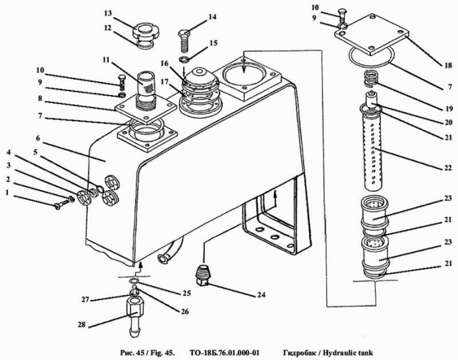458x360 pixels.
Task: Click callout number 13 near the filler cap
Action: [108, 14]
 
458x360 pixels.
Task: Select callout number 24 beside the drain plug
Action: [261, 295]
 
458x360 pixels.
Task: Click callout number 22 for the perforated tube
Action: [448, 167]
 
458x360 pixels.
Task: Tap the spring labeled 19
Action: [372, 79]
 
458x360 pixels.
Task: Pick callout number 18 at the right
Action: [448, 65]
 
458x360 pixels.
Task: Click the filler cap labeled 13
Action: [146, 34]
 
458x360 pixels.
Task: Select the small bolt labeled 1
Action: [61, 203]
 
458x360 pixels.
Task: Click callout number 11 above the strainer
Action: [105, 60]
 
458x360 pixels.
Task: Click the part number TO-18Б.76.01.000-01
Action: [224, 353]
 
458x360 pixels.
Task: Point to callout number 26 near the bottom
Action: [185, 311]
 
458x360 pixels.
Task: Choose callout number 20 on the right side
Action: [448, 122]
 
